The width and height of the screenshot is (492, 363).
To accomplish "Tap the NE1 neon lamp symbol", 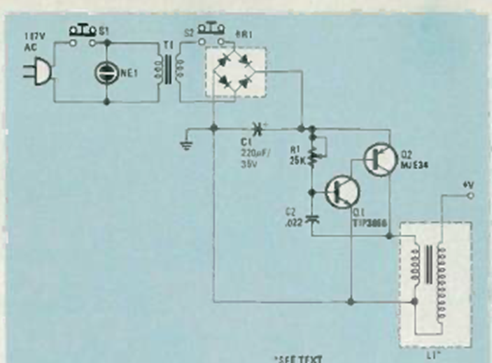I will (x=106, y=72).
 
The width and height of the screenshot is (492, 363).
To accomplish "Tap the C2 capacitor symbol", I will (x=313, y=218).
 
